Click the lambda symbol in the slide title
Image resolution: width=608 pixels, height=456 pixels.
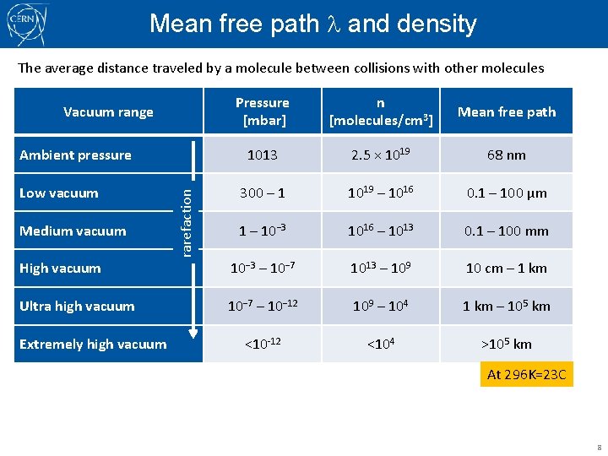pos(334,24)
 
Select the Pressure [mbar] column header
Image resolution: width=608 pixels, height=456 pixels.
pos(263,111)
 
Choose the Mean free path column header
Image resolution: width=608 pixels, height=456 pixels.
pos(507,111)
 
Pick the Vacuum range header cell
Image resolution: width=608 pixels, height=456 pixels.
pos(108,111)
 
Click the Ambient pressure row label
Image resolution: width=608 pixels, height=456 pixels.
pos(75,155)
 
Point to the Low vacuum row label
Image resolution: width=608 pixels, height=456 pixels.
pos(58,193)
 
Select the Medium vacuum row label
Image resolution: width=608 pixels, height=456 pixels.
pos(73,231)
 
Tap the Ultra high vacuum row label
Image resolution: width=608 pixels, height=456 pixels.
pos(77,306)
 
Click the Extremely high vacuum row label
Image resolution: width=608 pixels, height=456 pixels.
pos(93,344)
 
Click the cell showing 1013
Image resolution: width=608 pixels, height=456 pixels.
pos(263,155)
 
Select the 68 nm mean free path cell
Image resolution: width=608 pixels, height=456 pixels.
pos(507,155)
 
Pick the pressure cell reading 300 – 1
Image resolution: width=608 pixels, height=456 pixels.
pos(263,193)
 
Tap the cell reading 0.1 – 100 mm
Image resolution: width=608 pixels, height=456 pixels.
pos(507,231)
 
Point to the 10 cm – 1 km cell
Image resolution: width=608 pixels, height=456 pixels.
pos(507,269)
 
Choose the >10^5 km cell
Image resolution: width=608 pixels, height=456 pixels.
pos(507,344)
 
